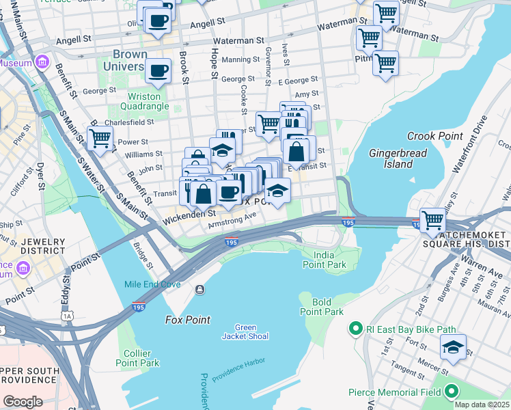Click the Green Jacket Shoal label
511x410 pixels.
pyautogui.click(x=245, y=331)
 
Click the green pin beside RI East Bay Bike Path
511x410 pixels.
pyautogui.click(x=355, y=330)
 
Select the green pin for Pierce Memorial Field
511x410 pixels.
pyautogui.click(x=452, y=392)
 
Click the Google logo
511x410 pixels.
pyautogui.click(x=23, y=402)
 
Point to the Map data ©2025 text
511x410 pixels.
pyautogui.click(x=482, y=405)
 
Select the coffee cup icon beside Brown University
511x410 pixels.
pyautogui.click(x=158, y=70)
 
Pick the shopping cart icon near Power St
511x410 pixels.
pyautogui.click(x=100, y=138)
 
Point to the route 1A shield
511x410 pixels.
pyautogui.click(x=67, y=316)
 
